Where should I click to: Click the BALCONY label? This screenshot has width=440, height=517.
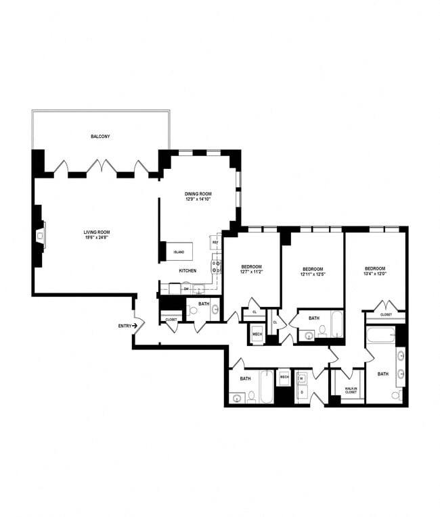pyautogui.click(x=100, y=137)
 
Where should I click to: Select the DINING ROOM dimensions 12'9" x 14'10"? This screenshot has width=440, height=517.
pyautogui.click(x=198, y=200)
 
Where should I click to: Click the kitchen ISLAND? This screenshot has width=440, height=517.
pyautogui.click(x=179, y=251)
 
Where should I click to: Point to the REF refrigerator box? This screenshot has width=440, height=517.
pyautogui.click(x=215, y=242)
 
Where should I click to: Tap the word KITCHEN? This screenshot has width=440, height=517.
pyautogui.click(x=188, y=271)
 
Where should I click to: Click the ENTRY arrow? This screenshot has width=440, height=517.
pyautogui.click(x=135, y=326)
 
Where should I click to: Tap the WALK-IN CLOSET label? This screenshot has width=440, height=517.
pyautogui.click(x=351, y=391)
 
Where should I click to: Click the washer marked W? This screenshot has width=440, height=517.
pyautogui.click(x=303, y=378)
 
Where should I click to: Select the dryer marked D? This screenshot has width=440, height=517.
pyautogui.click(x=303, y=392)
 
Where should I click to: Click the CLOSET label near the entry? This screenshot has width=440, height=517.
pyautogui.click(x=171, y=319)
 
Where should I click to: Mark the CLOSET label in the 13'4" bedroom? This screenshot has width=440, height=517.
pyautogui.click(x=386, y=314)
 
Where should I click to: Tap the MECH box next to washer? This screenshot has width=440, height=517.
pyautogui.click(x=284, y=377)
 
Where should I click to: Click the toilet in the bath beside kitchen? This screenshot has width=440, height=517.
pyautogui.click(x=194, y=312)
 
